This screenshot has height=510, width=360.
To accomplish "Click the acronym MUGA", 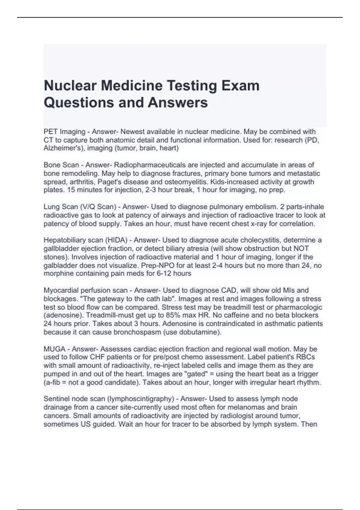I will coord(55,349).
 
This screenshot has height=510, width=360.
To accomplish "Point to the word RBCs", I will coord(305,357).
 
